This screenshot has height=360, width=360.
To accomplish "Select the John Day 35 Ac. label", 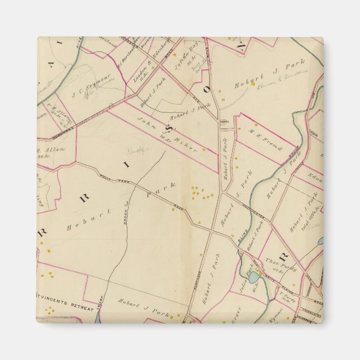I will [x=191, y=60].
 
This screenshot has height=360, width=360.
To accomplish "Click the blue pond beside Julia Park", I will [x=254, y=277].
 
